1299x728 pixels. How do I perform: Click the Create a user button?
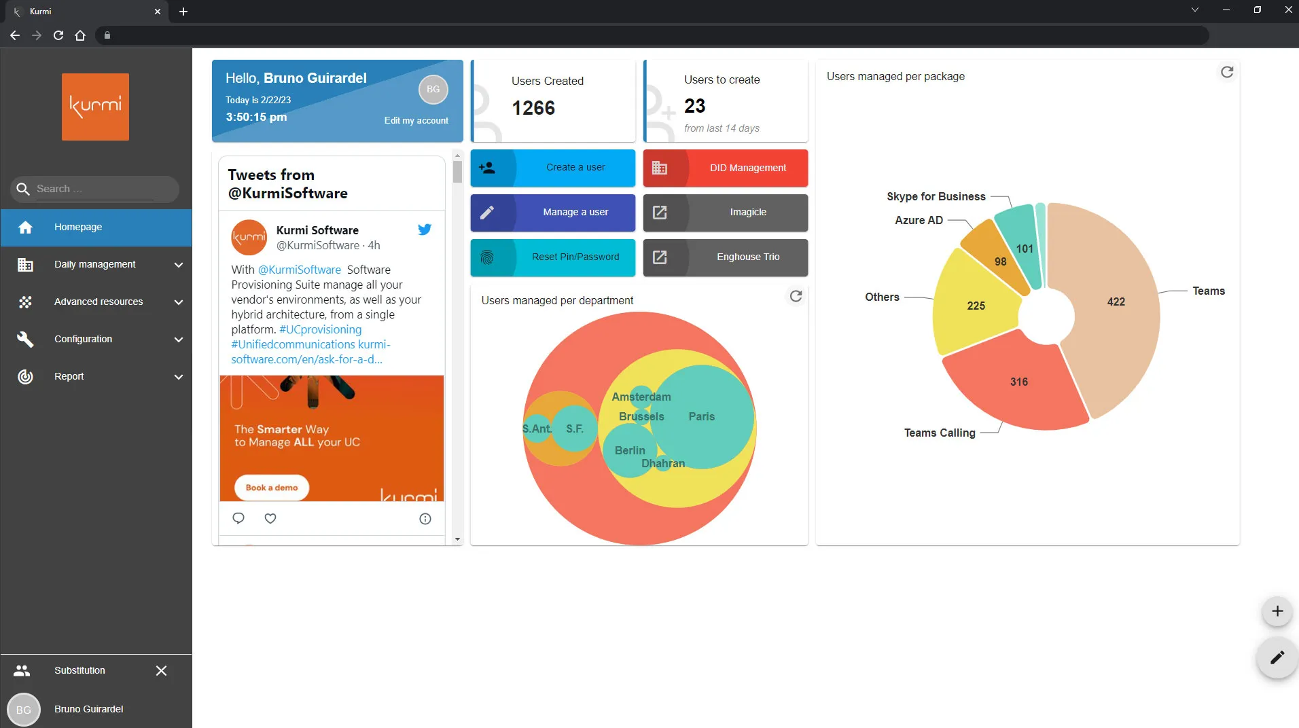[552, 168]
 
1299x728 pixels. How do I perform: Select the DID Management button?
[725, 168]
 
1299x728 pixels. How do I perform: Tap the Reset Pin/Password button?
[552, 257]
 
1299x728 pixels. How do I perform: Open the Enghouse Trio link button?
[725, 257]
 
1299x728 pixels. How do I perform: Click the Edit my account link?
[416, 121]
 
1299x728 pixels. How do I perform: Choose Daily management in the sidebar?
[95, 265]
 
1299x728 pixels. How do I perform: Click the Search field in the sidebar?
[95, 189]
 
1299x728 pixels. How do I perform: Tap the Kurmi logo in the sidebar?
[95, 107]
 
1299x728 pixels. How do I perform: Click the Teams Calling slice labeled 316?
[1018, 382]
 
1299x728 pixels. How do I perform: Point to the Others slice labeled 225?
[976, 306]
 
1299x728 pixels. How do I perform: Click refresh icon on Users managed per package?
[1226, 72]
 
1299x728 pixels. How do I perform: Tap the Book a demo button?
[272, 488]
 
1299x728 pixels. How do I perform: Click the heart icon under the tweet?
[270, 519]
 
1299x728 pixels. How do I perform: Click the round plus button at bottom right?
[1277, 611]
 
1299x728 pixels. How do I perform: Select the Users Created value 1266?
[533, 108]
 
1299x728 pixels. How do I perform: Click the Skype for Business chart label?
[936, 197]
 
